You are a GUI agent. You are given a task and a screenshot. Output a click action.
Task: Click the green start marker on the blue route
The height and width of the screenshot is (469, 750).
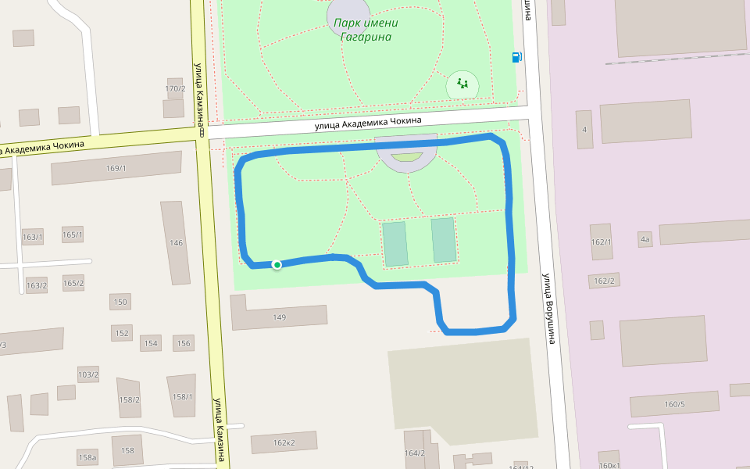point(277,265)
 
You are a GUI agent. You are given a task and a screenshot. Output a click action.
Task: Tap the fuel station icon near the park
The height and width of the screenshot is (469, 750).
point(516,56)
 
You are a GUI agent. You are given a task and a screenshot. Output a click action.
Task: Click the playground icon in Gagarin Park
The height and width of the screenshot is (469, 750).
point(462,84)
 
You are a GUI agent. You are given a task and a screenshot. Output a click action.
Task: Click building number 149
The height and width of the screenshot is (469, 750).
point(279,317)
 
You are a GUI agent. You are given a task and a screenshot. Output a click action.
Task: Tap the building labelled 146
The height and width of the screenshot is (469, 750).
point(176,242)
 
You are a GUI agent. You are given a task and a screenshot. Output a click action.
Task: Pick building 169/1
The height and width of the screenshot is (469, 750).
point(116,168)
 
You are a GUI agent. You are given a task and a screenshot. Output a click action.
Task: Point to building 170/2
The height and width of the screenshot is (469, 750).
point(175,88)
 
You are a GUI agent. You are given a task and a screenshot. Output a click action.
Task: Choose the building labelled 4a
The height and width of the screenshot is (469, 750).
point(645,239)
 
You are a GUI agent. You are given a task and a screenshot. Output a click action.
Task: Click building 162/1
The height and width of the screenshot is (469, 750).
point(602,242)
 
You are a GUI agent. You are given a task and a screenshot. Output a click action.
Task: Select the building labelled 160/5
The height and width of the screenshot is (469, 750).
point(674,404)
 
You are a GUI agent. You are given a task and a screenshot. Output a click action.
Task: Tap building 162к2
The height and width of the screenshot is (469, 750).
point(284,442)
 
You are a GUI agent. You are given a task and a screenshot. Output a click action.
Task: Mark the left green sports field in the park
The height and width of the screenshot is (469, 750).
point(395,243)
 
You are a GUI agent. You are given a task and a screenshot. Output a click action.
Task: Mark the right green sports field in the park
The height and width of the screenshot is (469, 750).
point(444,240)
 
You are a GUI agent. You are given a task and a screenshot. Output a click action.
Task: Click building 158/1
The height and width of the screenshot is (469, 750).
point(182,396)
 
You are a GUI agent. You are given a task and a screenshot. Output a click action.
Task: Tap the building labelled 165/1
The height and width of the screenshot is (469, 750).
point(73,234)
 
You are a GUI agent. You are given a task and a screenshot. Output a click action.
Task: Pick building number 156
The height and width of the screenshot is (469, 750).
point(184,343)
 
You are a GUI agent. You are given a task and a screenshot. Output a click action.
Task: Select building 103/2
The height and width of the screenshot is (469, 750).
point(88,374)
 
